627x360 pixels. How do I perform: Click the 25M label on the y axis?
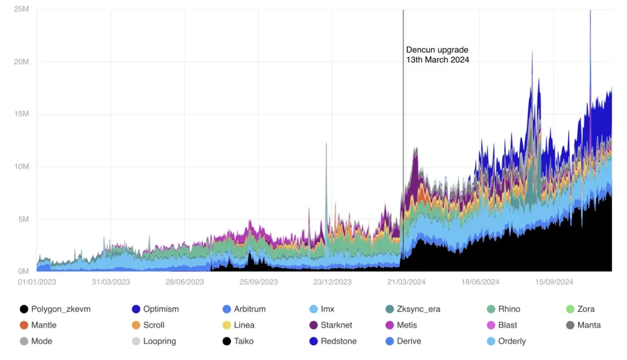pos(21,10)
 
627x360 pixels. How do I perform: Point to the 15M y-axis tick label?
pos(21,114)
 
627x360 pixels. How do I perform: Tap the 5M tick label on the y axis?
pos(23,219)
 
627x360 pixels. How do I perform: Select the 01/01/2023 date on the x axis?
pos(37,282)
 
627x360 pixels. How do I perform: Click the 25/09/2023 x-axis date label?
pos(258,282)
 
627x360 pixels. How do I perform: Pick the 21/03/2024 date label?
pos(406,282)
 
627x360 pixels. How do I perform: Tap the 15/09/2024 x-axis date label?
pos(554,282)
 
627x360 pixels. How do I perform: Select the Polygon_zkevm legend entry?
pos(60,309)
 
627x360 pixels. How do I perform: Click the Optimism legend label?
pos(161,309)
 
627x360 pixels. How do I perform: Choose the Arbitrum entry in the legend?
pos(250,309)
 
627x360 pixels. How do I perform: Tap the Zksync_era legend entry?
pos(418,309)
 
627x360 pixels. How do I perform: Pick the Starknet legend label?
pos(336,325)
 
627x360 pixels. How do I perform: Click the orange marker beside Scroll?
pos(136,325)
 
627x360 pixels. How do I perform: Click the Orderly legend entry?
pos(512,341)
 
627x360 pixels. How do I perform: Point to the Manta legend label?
pos(589,325)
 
